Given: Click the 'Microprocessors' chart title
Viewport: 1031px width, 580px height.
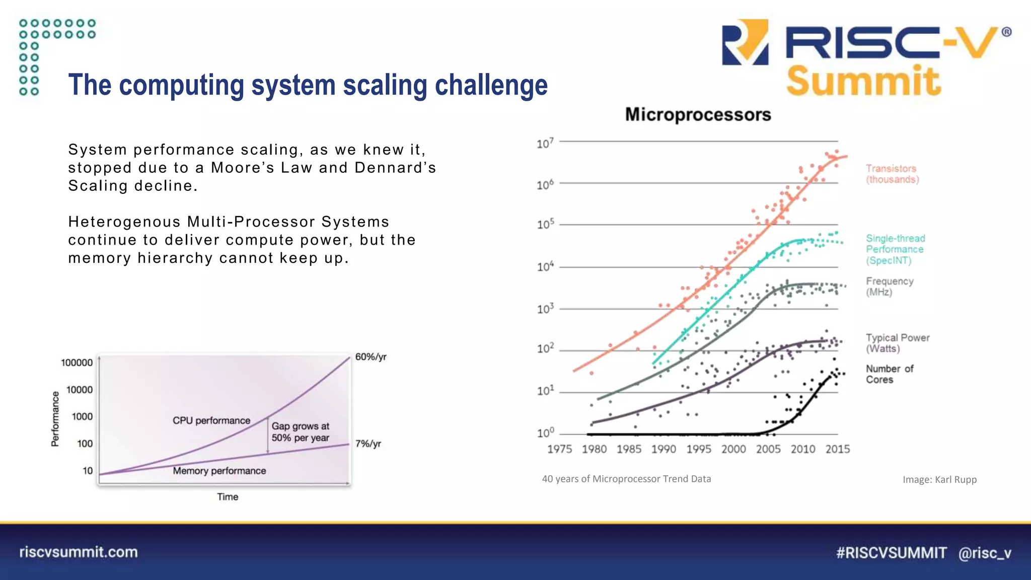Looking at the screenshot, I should [698, 115].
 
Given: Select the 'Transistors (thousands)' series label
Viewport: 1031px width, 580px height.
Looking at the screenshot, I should [892, 174].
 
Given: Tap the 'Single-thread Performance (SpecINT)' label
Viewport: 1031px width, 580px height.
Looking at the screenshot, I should [895, 249].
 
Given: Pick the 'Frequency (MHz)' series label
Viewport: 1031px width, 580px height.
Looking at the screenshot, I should [889, 286].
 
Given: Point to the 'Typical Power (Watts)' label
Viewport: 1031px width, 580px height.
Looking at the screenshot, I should [897, 343].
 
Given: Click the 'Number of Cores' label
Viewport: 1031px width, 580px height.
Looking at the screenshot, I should [889, 374].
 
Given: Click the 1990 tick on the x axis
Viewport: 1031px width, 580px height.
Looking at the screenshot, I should [664, 449].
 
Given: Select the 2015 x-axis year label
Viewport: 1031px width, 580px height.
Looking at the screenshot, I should [837, 449].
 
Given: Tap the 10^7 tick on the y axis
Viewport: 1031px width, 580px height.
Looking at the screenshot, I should [545, 143].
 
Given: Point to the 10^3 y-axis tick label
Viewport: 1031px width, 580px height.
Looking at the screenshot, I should [545, 309].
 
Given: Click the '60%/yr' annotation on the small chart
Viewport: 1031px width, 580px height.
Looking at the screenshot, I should [371, 357].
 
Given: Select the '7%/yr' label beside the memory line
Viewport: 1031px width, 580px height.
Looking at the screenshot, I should [368, 444].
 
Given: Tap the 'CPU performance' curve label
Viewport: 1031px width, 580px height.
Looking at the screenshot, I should [211, 420].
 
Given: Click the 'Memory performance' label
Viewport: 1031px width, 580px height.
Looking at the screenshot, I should [219, 471].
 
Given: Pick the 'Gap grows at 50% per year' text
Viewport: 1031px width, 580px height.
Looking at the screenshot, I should [300, 432].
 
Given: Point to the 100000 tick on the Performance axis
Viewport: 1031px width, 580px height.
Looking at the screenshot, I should [77, 362].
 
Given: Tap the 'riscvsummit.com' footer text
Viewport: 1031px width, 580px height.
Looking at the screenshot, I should [79, 552].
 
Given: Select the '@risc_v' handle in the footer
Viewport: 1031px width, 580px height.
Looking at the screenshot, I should [984, 553].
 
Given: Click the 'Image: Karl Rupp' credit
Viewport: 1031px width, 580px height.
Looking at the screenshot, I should [939, 480].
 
